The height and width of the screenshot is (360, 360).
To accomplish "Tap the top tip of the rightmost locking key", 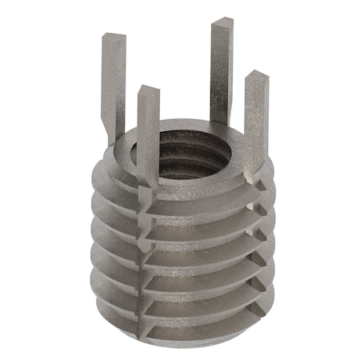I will coord(256,76).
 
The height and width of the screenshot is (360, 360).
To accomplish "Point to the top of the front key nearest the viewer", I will coord(148,90).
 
